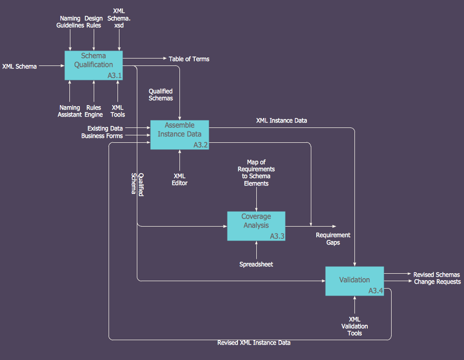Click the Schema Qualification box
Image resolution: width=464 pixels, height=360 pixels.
click(x=94, y=65)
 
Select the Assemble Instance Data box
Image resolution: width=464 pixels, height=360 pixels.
click(x=179, y=135)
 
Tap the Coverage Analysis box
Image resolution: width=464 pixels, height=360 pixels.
click(x=256, y=226)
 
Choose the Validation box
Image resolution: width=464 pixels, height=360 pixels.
click(x=354, y=281)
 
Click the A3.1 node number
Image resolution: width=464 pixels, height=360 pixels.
click(x=115, y=76)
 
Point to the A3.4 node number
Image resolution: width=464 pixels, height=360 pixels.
click(x=376, y=291)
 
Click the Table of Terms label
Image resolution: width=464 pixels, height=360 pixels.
click(x=189, y=59)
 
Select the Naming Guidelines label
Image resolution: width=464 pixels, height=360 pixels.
click(x=70, y=22)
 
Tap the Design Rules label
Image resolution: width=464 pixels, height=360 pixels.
click(x=93, y=22)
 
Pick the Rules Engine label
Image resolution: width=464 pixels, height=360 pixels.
click(x=94, y=111)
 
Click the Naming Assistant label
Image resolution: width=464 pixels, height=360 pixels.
click(x=70, y=111)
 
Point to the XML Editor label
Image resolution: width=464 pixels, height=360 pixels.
click(x=180, y=180)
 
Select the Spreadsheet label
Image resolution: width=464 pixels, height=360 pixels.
click(x=256, y=264)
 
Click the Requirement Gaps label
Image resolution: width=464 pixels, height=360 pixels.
click(x=333, y=239)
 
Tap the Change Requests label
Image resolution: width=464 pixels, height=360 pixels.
click(x=438, y=282)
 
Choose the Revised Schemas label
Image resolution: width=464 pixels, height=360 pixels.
click(x=437, y=275)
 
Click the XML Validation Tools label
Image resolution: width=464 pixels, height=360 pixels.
click(x=355, y=326)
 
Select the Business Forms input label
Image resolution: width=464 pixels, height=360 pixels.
click(x=102, y=136)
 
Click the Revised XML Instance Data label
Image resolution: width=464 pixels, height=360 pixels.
click(x=254, y=343)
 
